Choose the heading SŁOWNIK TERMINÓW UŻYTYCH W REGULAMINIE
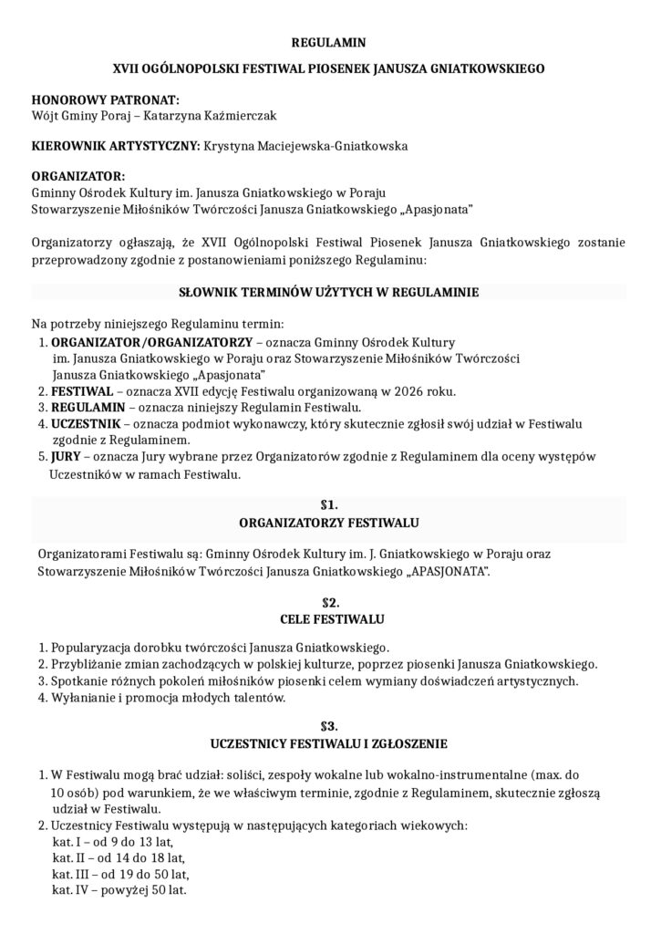click(x=328, y=293)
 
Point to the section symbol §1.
click(x=329, y=504)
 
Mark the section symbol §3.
click(x=329, y=726)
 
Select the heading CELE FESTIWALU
click(x=329, y=620)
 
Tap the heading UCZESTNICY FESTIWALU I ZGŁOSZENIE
click(x=329, y=742)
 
